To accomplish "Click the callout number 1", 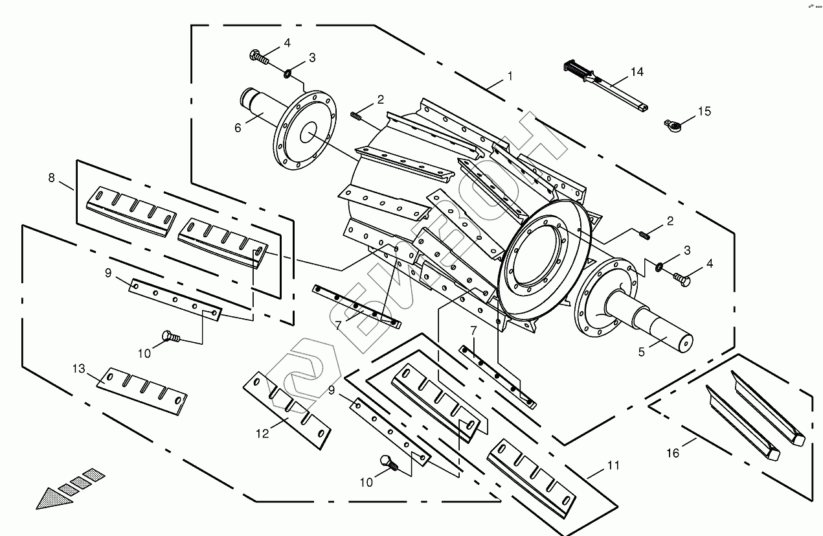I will [510, 76].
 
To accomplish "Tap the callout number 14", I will [637, 72].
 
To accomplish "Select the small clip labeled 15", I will [671, 123].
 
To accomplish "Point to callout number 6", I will [238, 128].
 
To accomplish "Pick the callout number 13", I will [78, 369].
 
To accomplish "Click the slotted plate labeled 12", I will [286, 410].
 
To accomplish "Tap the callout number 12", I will [262, 434].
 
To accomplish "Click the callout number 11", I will [613, 465].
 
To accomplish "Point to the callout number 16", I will [673, 453].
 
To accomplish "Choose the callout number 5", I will [641, 352].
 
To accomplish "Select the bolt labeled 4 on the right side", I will [681, 279].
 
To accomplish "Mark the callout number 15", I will [705, 111].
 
